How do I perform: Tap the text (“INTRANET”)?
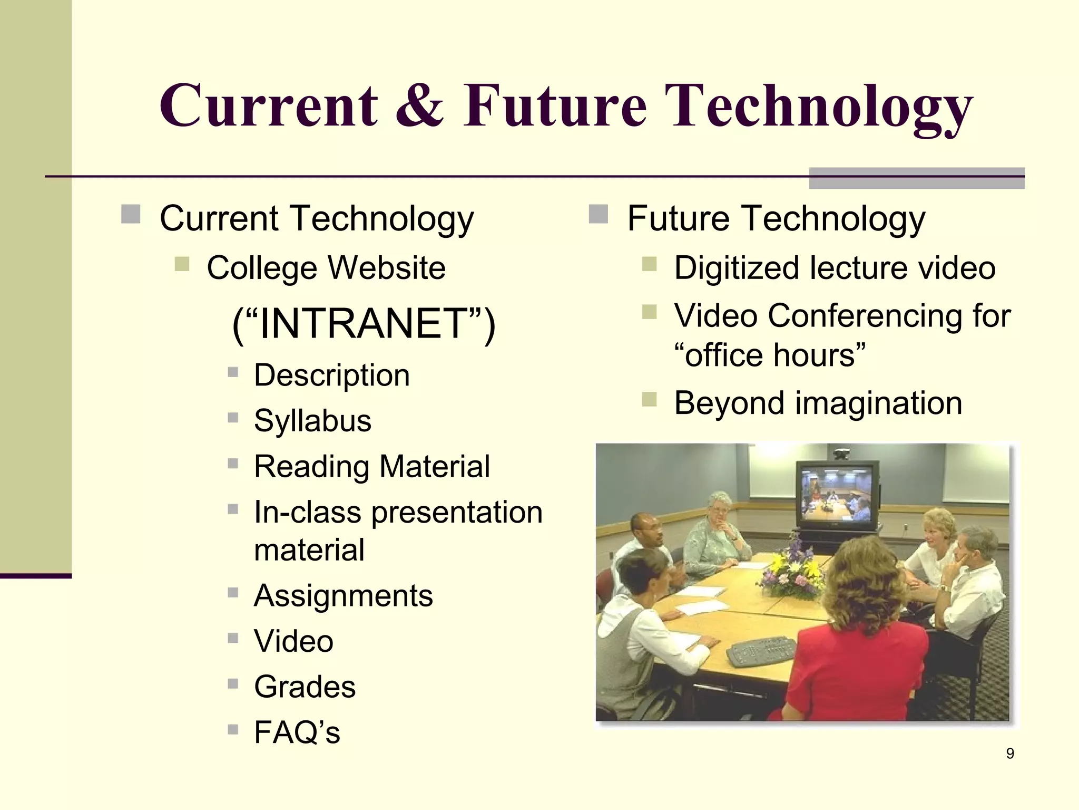pyautogui.click(x=364, y=323)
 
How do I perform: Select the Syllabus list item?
pyautogui.click(x=312, y=421)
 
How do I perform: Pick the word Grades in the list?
pyautogui.click(x=305, y=687)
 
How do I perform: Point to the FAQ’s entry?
pyautogui.click(x=297, y=732)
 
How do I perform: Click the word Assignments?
pyautogui.click(x=343, y=596)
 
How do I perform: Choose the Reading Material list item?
pyautogui.click(x=371, y=467)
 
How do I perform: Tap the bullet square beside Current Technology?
pyautogui.click(x=130, y=215)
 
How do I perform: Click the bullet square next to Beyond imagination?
pyautogui.click(x=649, y=400)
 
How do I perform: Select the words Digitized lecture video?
pyautogui.click(x=835, y=268)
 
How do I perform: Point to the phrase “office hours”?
pyautogui.click(x=770, y=355)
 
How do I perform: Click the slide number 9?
pyautogui.click(x=1009, y=754)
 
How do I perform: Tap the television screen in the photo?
pyautogui.click(x=837, y=494)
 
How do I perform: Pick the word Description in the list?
pyautogui.click(x=331, y=375)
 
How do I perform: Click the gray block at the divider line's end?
pyautogui.click(x=916, y=178)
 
